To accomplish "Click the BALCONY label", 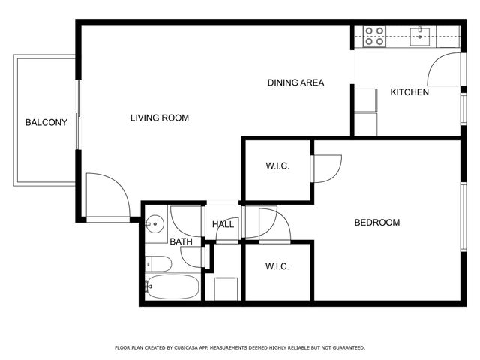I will (x=46, y=123).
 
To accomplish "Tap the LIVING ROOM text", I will (x=159, y=118).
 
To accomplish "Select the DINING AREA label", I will (x=295, y=82).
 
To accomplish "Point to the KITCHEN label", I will (x=409, y=92).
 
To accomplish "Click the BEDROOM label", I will (x=376, y=223).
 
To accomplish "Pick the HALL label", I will (x=223, y=224).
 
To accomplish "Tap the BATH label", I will (x=181, y=241).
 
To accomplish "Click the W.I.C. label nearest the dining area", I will (x=277, y=166).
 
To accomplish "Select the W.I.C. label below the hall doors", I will (x=277, y=266).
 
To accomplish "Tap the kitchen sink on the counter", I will (x=421, y=34).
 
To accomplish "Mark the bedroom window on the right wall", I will (x=463, y=217).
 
